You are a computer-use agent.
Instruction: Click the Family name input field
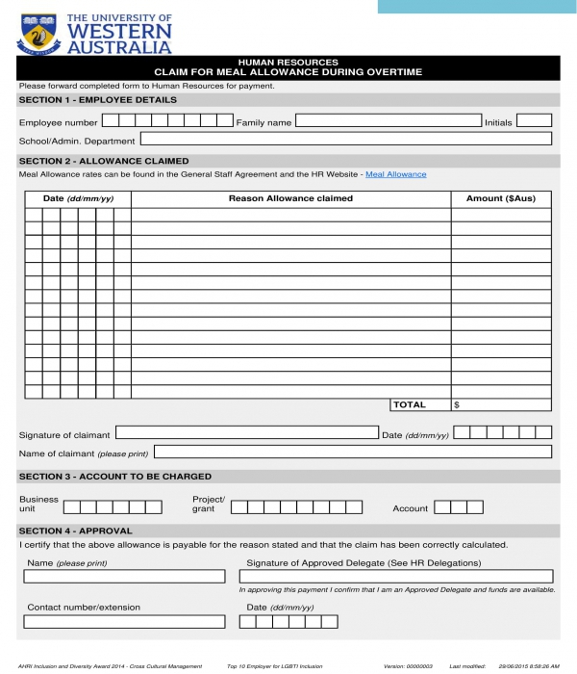tap(388, 121)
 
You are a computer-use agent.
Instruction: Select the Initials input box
tap(534, 121)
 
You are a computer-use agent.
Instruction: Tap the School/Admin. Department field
tap(346, 140)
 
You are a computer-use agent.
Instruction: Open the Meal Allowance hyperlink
tap(395, 174)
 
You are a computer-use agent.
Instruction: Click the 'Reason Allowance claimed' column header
tap(290, 198)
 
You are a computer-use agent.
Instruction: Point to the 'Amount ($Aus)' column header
tap(500, 198)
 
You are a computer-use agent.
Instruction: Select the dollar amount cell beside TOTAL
tap(501, 405)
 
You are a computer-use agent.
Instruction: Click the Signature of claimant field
tap(246, 433)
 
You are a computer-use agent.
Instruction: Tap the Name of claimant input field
tap(352, 452)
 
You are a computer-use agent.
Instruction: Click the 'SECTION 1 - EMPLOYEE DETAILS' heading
tap(98, 100)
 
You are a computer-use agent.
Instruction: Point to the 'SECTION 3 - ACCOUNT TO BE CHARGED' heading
tap(115, 477)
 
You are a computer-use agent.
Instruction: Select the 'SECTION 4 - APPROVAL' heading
tap(76, 531)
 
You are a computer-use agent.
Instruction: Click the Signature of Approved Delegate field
tap(395, 577)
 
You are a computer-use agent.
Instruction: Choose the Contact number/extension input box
tap(124, 622)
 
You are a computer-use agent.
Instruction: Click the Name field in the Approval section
tap(124, 577)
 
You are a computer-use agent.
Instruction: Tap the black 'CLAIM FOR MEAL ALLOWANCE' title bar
tap(288, 67)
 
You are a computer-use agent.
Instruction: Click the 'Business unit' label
tap(38, 504)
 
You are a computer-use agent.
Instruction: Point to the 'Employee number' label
tap(59, 123)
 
